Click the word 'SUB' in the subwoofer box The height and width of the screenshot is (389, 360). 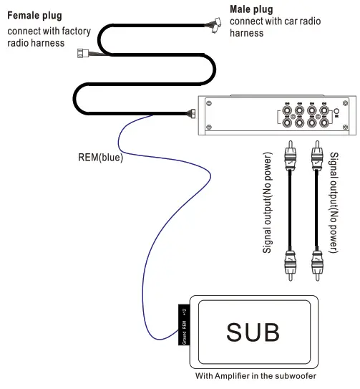coord(253,332)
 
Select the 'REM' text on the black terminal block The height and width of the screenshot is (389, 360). coord(183,326)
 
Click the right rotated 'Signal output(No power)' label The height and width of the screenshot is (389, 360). coord(334,212)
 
